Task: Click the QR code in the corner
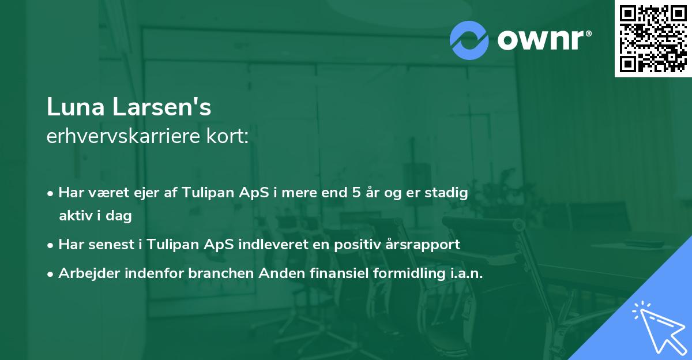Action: (x=653, y=38)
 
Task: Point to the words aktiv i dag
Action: (x=95, y=216)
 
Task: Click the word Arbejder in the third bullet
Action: (x=84, y=273)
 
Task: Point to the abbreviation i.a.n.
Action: (x=467, y=273)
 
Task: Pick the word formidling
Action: (x=404, y=273)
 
